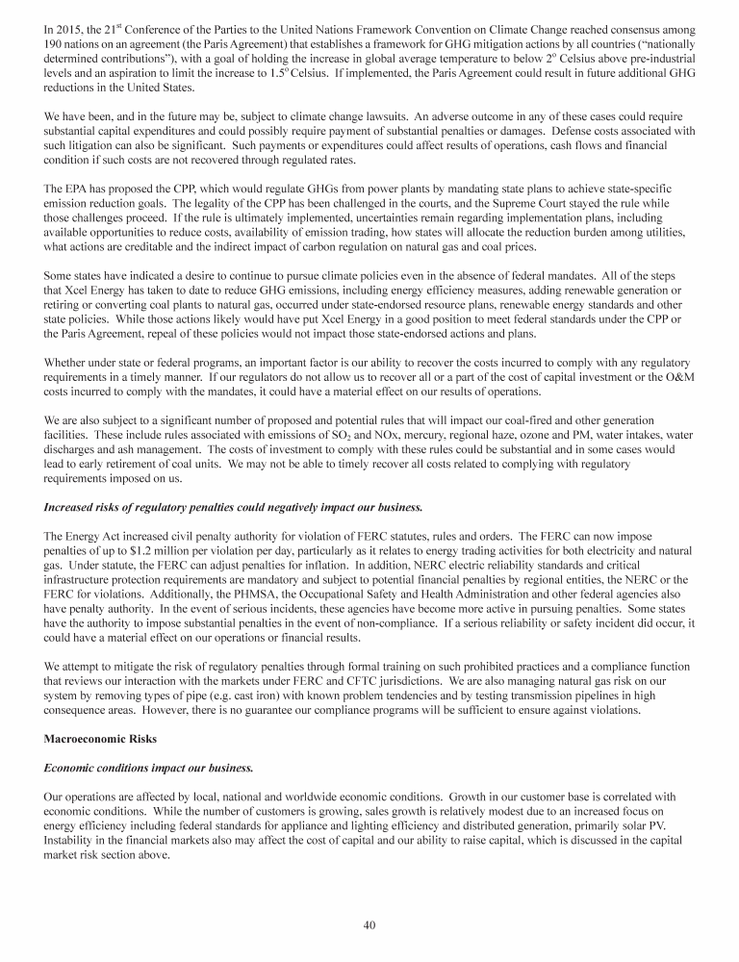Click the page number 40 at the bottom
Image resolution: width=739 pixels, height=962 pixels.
(369, 925)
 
